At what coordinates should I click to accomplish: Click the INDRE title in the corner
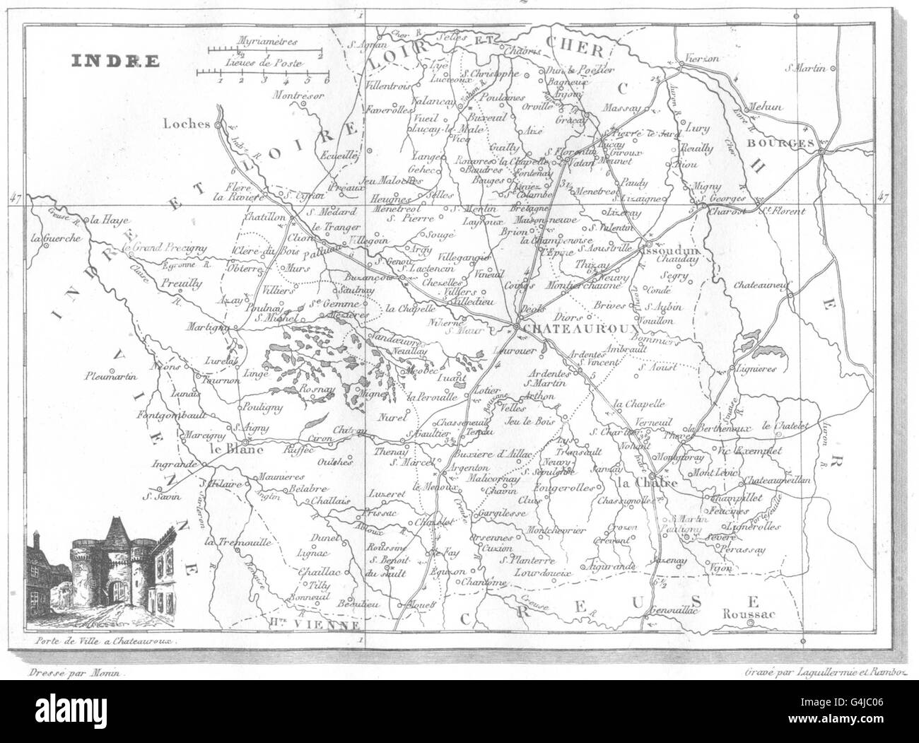pos(115,60)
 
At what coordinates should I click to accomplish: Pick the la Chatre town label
pos(648,483)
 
